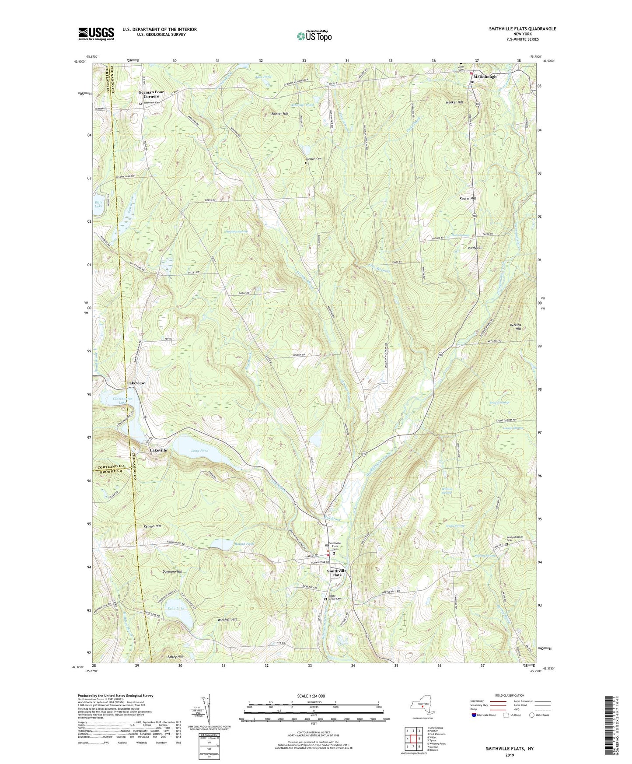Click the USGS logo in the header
(96, 33)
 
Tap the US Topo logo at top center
(314, 35)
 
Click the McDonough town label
(485, 77)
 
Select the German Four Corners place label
(151, 94)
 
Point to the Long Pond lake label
(199, 451)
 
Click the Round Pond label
(244, 544)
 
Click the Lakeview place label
(136, 383)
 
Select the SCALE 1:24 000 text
(314, 696)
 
